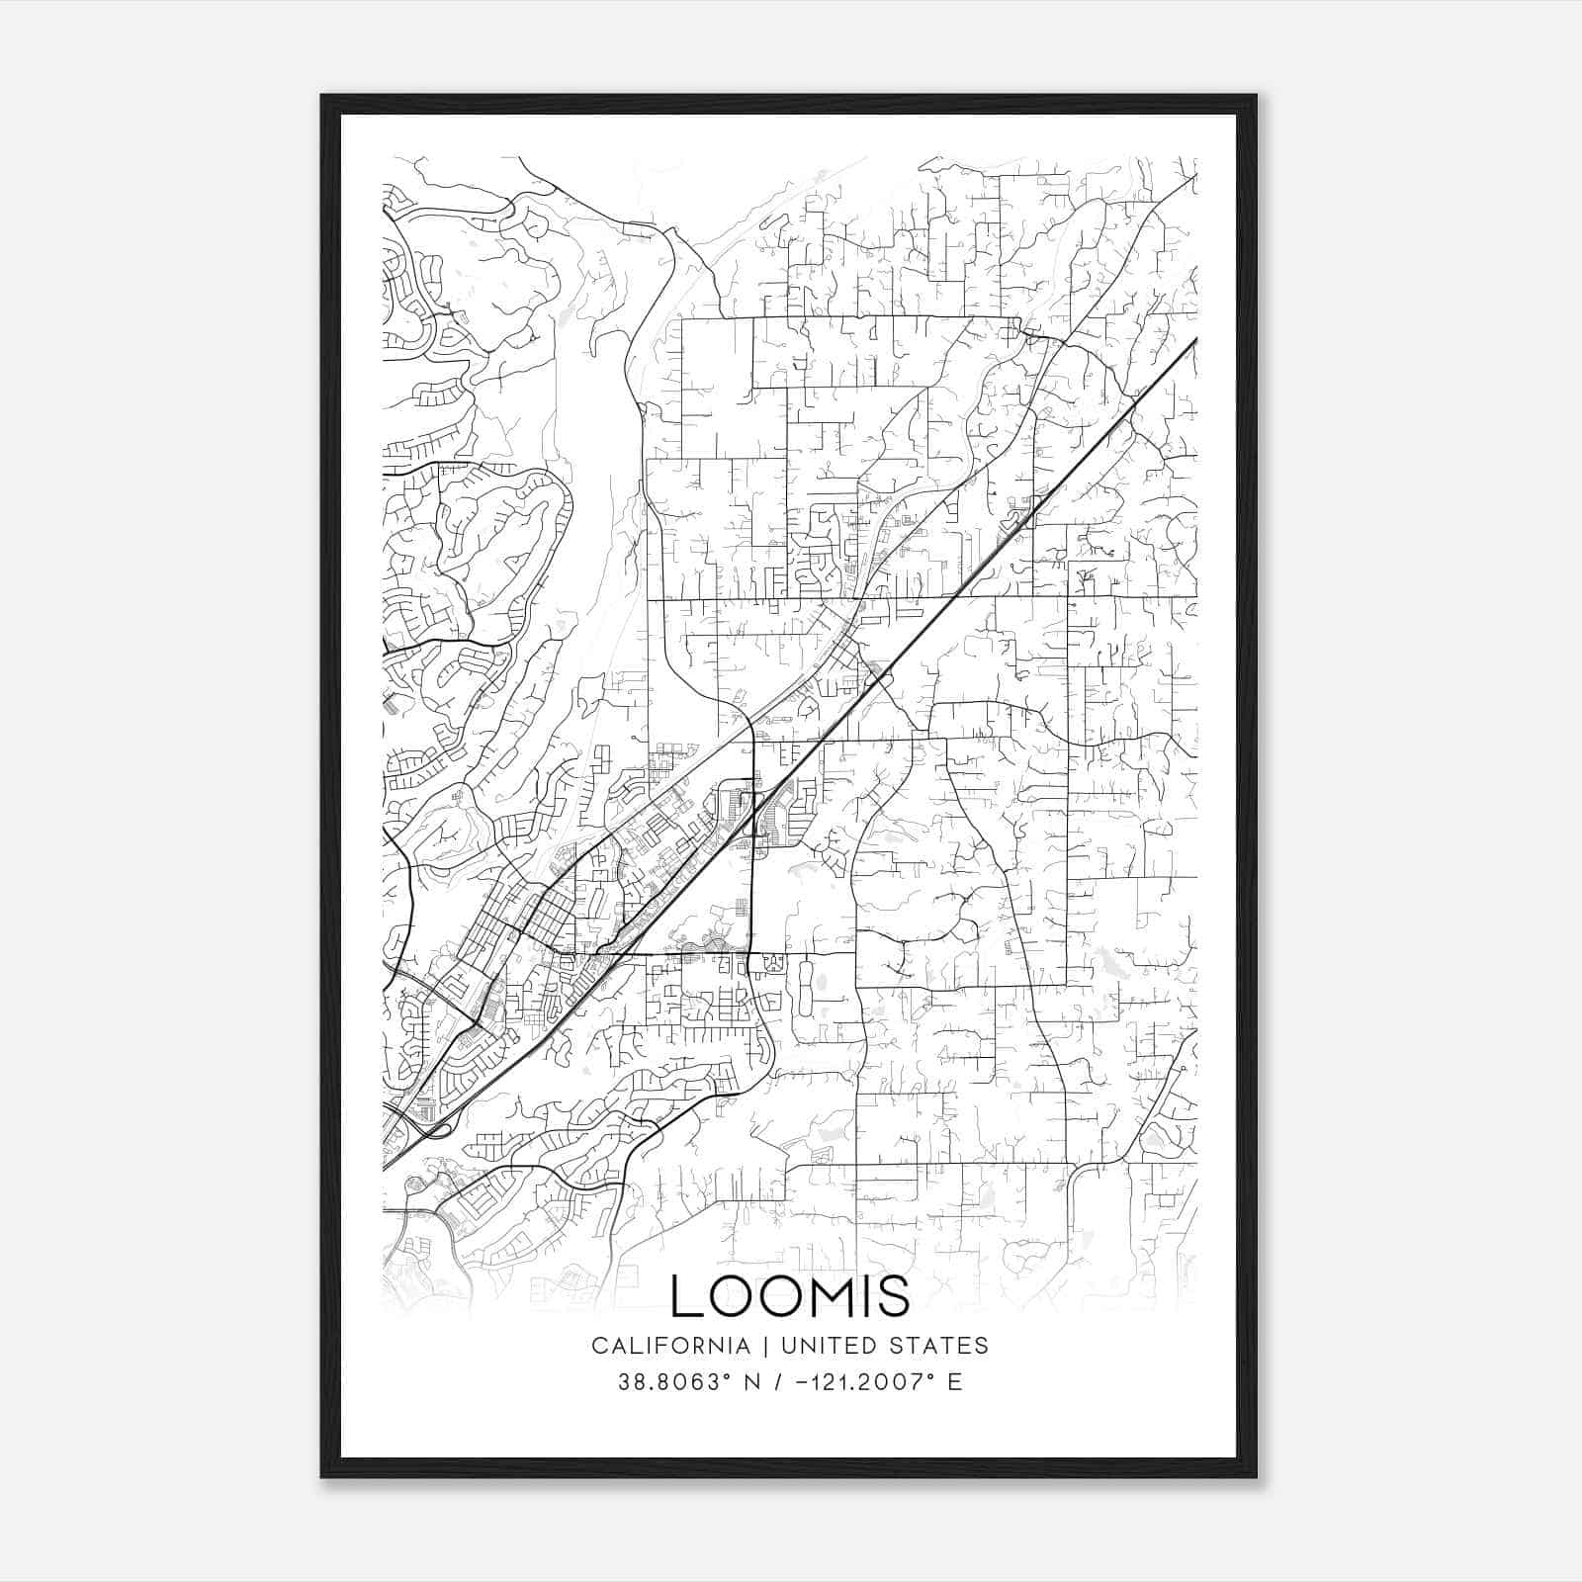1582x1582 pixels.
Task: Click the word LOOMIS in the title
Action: pos(790,1295)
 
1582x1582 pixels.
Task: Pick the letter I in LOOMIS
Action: pos(863,1295)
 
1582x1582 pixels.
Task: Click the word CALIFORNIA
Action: pos(670,1345)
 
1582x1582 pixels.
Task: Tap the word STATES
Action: pos(936,1345)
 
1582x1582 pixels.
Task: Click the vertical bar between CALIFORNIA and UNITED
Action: pos(764,1345)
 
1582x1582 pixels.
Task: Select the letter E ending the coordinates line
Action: pos(954,1381)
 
